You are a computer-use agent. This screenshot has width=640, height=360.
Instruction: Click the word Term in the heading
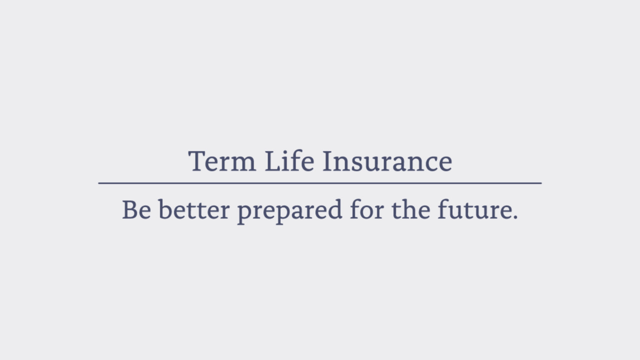[222, 161]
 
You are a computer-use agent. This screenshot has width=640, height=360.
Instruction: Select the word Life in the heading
[289, 160]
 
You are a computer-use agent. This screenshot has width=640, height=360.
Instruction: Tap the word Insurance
[387, 161]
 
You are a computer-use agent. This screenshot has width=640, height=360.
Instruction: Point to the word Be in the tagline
[136, 209]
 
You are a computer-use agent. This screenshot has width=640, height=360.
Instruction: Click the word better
[194, 209]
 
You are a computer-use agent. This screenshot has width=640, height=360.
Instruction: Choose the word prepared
[289, 211]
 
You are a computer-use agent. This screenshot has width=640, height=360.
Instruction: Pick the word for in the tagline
[367, 209]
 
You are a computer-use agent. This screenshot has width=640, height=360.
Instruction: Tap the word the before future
[411, 209]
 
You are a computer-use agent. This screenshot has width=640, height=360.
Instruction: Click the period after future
[515, 217]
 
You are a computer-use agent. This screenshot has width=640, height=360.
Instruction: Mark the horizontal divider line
[320, 183]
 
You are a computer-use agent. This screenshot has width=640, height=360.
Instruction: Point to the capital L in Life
[272, 161]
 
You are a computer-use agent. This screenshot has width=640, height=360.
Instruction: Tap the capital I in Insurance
[327, 161]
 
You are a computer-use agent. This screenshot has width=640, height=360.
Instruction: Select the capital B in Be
[130, 209]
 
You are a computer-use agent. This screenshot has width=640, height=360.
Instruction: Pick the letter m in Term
[243, 164]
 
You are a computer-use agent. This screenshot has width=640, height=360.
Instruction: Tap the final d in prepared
[333, 209]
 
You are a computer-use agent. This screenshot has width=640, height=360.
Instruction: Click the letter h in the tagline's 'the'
[411, 209]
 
